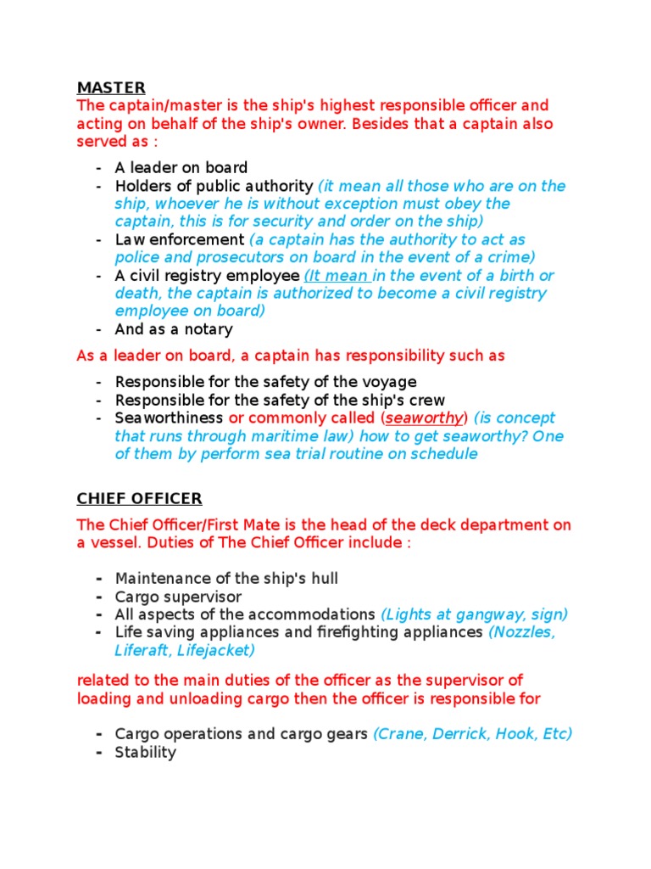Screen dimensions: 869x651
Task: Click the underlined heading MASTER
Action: pyautogui.click(x=111, y=87)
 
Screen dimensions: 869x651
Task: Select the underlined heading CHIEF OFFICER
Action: pyautogui.click(x=140, y=498)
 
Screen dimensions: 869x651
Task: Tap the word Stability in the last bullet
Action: pyautogui.click(x=146, y=752)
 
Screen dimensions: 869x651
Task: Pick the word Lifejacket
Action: pyautogui.click(x=215, y=650)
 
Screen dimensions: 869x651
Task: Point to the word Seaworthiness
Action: pyautogui.click(x=170, y=418)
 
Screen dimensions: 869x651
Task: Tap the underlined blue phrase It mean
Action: pyautogui.click(x=337, y=276)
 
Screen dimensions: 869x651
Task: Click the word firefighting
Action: pyautogui.click(x=396, y=632)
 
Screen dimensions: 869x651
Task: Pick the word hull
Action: pyautogui.click(x=323, y=578)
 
